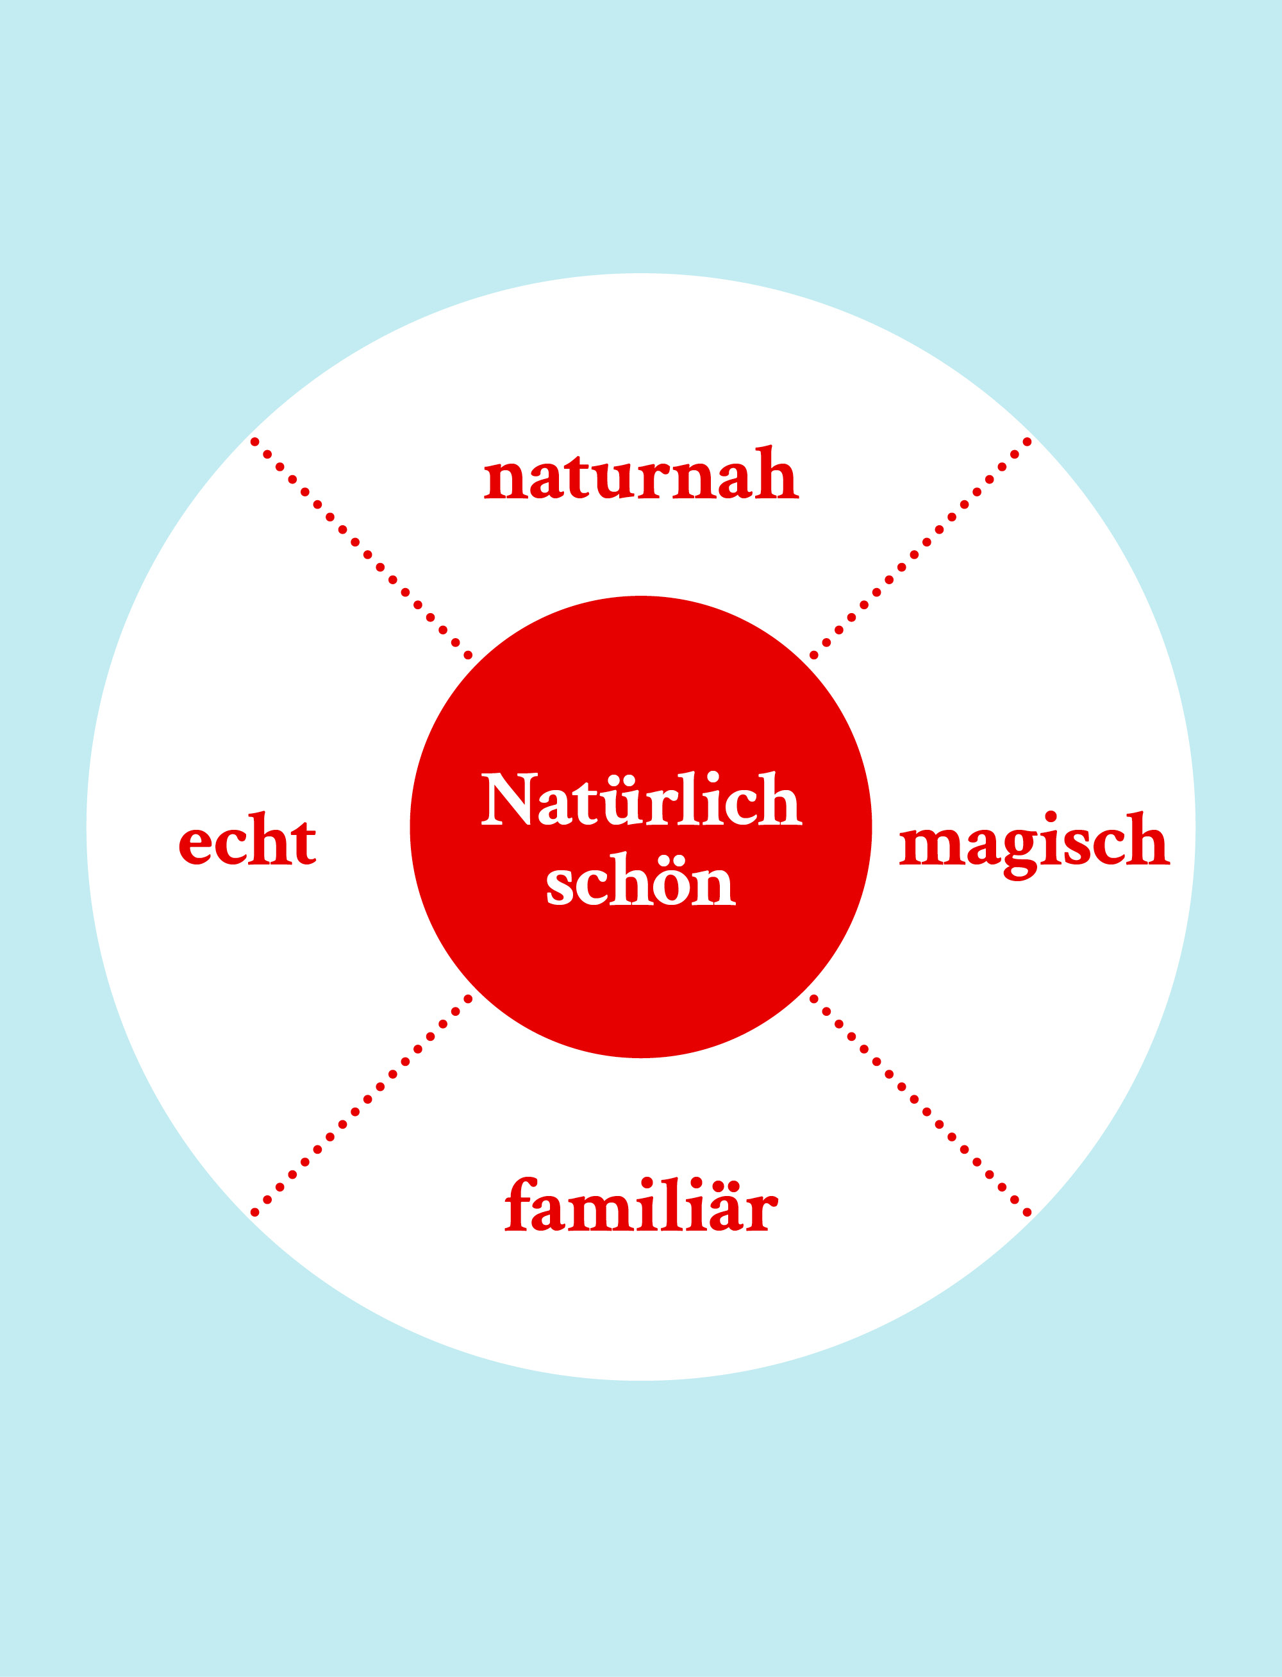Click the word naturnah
pyautogui.click(x=641, y=473)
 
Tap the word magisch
pyautogui.click(x=1034, y=844)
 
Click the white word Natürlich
pyautogui.click(x=641, y=798)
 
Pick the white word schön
pyautogui.click(x=641, y=879)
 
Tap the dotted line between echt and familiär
pyautogui.click(x=361, y=1105)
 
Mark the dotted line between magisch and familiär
pyautogui.click(x=920, y=1105)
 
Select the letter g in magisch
pyautogui.click(x=1021, y=855)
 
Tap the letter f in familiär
pyautogui.click(x=522, y=1204)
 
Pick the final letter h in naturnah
pyautogui.click(x=777, y=473)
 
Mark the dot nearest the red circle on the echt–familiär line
pyautogui.click(x=468, y=999)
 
